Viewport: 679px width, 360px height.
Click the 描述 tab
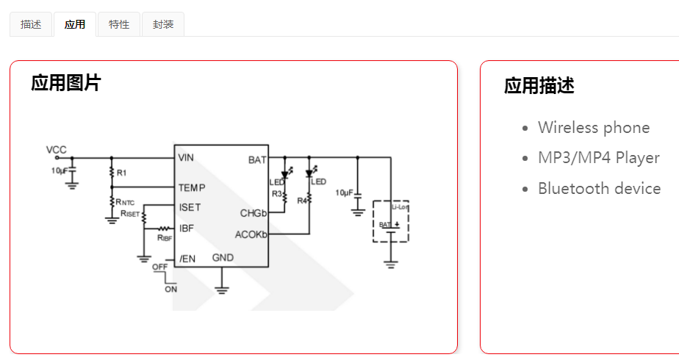pos(31,24)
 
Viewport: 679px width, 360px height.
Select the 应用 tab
pos(74,24)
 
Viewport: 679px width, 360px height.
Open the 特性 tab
pos(118,24)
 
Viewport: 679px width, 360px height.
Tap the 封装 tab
pos(163,24)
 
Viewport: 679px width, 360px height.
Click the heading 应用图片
pos(65,83)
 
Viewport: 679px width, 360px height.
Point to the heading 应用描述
pos(539,86)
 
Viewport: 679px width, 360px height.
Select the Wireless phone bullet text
pos(593,128)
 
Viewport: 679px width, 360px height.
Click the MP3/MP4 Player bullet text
pos(598,158)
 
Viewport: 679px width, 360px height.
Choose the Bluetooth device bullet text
pos(599,189)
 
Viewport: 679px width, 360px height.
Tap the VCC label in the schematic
pos(57,150)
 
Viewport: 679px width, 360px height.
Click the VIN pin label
pos(186,158)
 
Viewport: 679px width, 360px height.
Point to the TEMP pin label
pos(192,188)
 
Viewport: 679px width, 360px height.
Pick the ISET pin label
pos(190,208)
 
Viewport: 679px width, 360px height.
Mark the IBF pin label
pos(187,228)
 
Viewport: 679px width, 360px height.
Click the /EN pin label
pos(187,258)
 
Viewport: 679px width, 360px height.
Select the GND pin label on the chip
pos(223,258)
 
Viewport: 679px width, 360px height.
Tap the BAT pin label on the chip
pos(257,159)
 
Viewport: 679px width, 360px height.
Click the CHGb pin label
pos(254,214)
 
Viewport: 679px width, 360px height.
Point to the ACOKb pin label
pos(251,235)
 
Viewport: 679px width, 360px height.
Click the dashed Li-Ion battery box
pos(391,221)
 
